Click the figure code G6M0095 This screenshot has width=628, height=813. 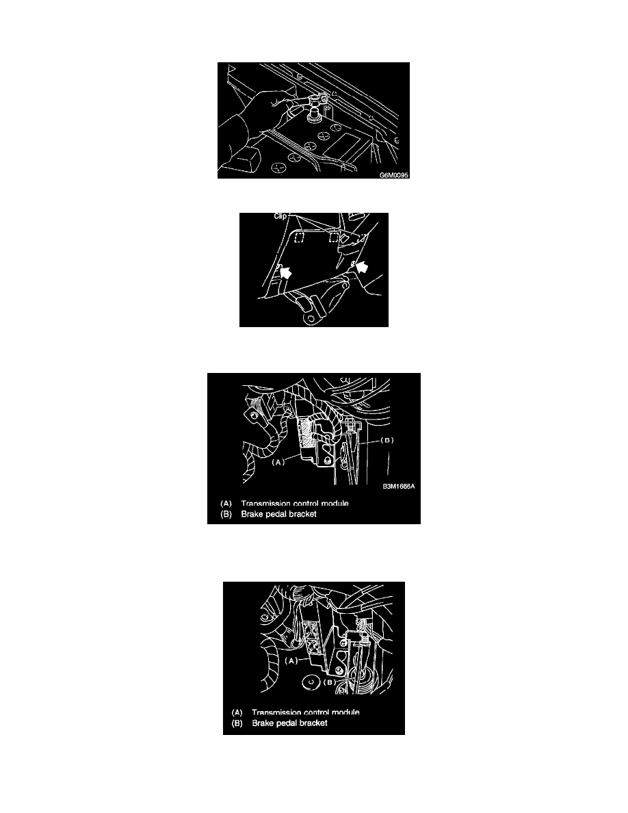tap(394, 175)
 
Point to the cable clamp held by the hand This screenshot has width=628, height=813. tap(315, 99)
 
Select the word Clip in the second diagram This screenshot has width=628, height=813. tap(280, 216)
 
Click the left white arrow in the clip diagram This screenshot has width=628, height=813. tap(285, 271)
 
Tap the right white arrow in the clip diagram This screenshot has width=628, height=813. tap(364, 267)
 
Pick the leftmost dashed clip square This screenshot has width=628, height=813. tap(298, 237)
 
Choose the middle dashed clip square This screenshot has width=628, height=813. tap(334, 237)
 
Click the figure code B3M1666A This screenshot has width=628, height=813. tap(398, 487)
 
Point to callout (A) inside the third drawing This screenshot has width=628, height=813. tap(278, 462)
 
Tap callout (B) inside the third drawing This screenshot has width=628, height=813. tap(387, 440)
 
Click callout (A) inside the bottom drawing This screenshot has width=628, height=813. tap(291, 660)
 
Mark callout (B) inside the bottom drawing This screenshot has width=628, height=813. tap(330, 682)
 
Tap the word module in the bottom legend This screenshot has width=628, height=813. tap(345, 712)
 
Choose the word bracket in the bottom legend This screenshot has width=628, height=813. tap(311, 723)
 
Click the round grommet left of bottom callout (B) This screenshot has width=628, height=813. tap(310, 682)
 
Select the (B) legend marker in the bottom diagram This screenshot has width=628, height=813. tap(237, 723)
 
